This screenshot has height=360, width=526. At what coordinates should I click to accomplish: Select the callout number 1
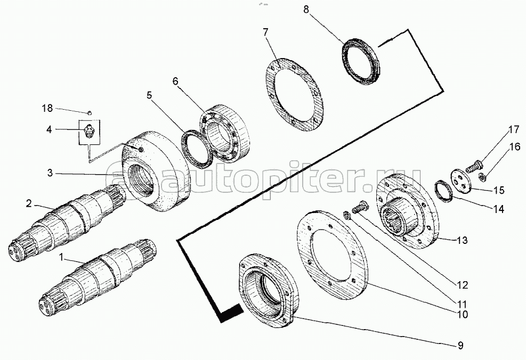(61, 258)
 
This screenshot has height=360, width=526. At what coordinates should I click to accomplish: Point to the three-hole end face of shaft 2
(16, 250)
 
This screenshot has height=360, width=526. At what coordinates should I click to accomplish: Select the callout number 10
(462, 314)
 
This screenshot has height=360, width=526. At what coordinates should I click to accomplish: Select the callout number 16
(514, 147)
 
